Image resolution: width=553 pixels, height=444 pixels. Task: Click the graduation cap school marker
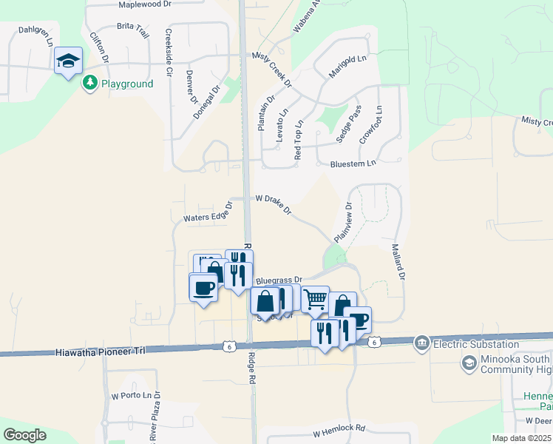click(x=67, y=61)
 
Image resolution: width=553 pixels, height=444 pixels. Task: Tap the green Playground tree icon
click(x=89, y=83)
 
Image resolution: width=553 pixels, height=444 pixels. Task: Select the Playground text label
click(x=127, y=84)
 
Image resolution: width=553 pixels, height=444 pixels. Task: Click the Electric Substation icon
click(x=421, y=343)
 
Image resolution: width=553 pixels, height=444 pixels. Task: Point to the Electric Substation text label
click(x=476, y=344)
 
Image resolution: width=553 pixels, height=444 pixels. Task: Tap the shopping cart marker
click(x=315, y=299)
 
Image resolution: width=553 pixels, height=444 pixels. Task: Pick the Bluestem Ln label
click(x=353, y=163)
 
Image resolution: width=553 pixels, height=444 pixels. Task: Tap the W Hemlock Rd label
click(x=339, y=430)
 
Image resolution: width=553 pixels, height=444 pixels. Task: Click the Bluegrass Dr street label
click(x=279, y=280)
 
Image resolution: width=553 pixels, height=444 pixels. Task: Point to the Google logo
click(x=24, y=435)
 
